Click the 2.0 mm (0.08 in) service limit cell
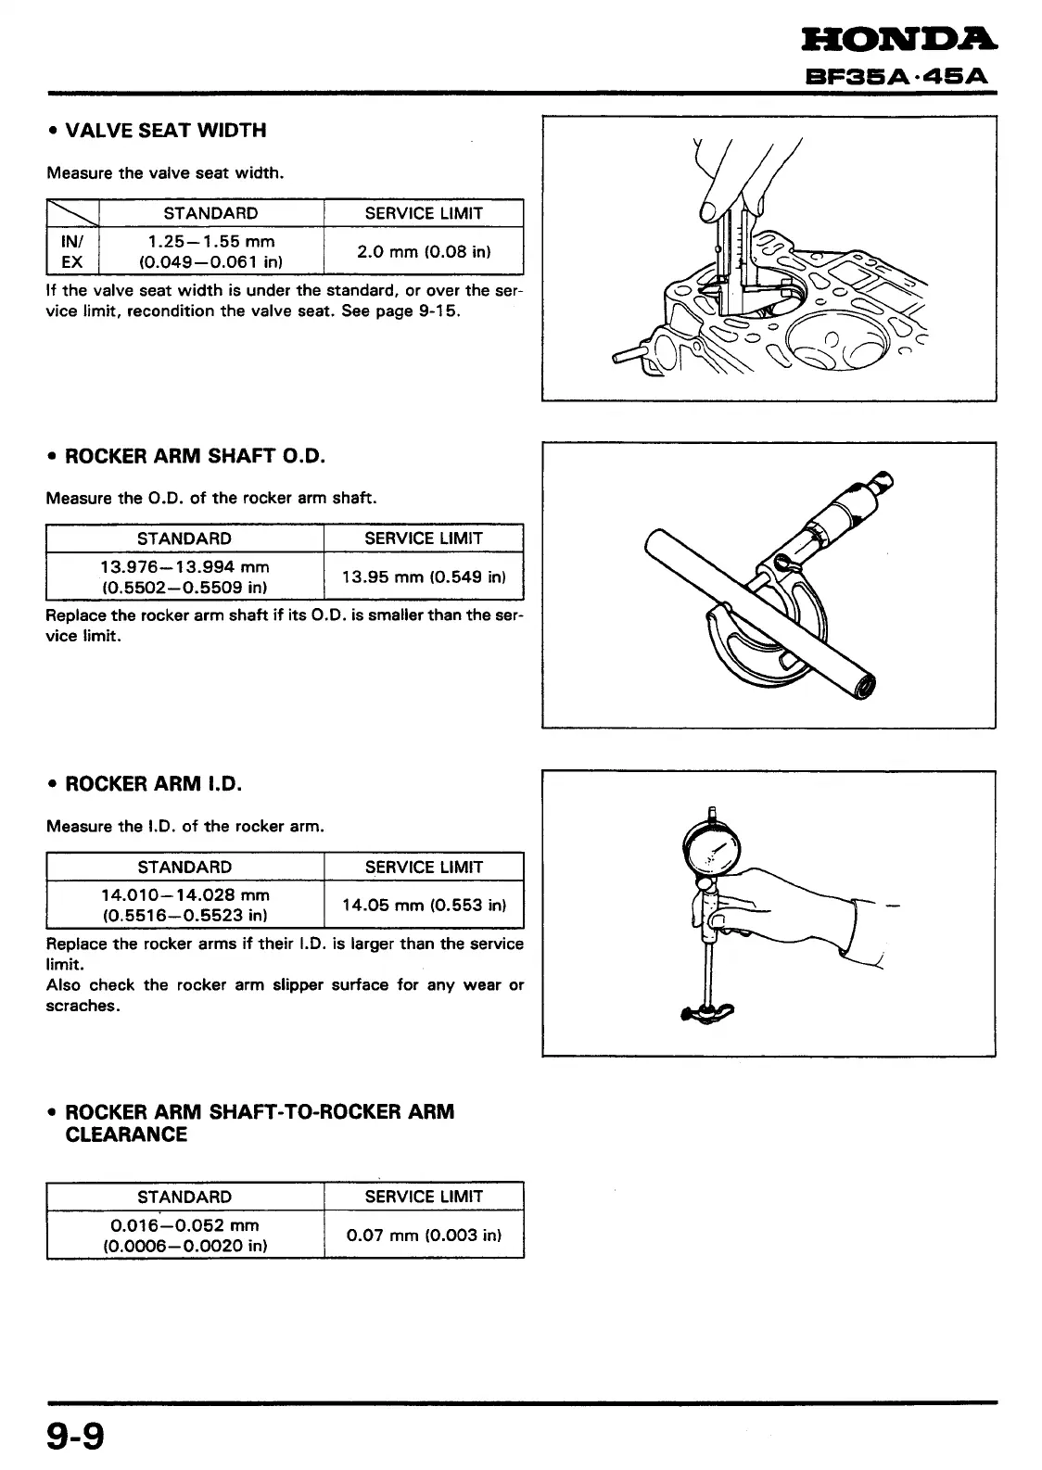tap(424, 251)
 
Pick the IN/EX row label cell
tap(71, 251)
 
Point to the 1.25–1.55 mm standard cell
tap(211, 251)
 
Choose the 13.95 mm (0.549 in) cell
tap(424, 577)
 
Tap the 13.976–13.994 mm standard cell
tap(184, 577)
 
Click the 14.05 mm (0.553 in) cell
tap(424, 906)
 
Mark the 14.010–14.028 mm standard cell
tap(184, 906)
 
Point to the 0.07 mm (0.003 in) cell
tap(424, 1235)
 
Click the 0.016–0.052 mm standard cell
tap(184, 1235)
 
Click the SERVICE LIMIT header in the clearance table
tap(424, 1197)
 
